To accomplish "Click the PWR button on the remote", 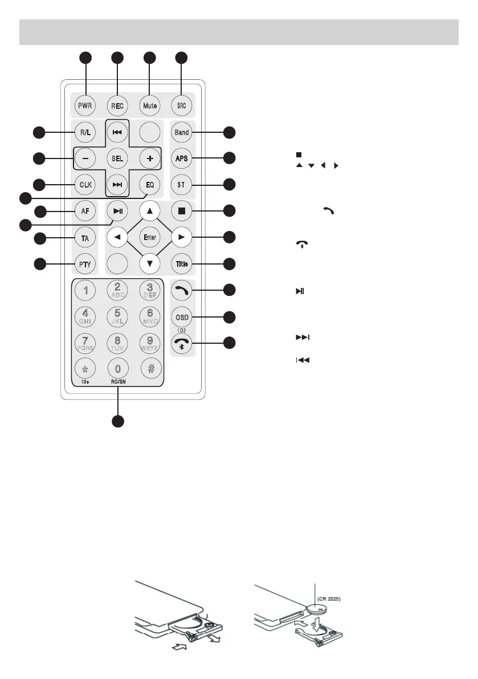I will [85, 105].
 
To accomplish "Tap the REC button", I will [117, 105].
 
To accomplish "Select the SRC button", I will [182, 105].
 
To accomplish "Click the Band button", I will [182, 132].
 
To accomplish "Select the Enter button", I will [149, 237].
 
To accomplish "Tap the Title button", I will [182, 263].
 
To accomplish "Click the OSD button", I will [182, 317].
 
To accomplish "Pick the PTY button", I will [85, 263].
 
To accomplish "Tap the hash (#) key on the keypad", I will [149, 368].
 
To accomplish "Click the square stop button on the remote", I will [182, 211].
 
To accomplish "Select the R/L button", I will [85, 132].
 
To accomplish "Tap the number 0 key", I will [117, 368].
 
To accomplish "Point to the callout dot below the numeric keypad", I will [118, 422].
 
